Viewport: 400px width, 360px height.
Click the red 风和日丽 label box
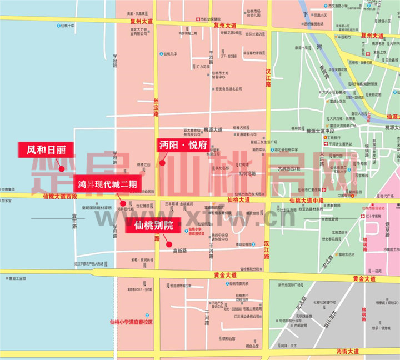tap(45, 149)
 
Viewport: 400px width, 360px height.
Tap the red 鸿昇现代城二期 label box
tap(108, 184)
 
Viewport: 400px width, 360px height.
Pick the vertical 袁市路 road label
tap(74, 221)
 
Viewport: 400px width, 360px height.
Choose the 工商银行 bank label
tap(334, 137)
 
